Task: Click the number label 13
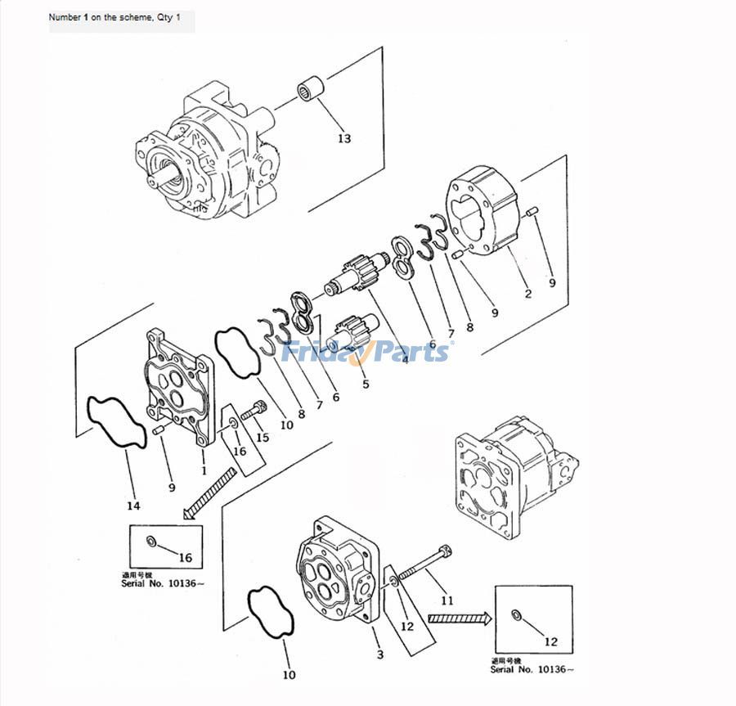tap(344, 138)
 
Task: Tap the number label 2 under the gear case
tap(527, 294)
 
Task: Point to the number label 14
tap(133, 506)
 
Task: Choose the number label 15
tap(263, 437)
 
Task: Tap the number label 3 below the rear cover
tap(379, 654)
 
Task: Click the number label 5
tap(365, 383)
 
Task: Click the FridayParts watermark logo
tap(366, 352)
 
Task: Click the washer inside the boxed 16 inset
tap(151, 542)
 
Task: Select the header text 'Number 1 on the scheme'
tap(121, 17)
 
